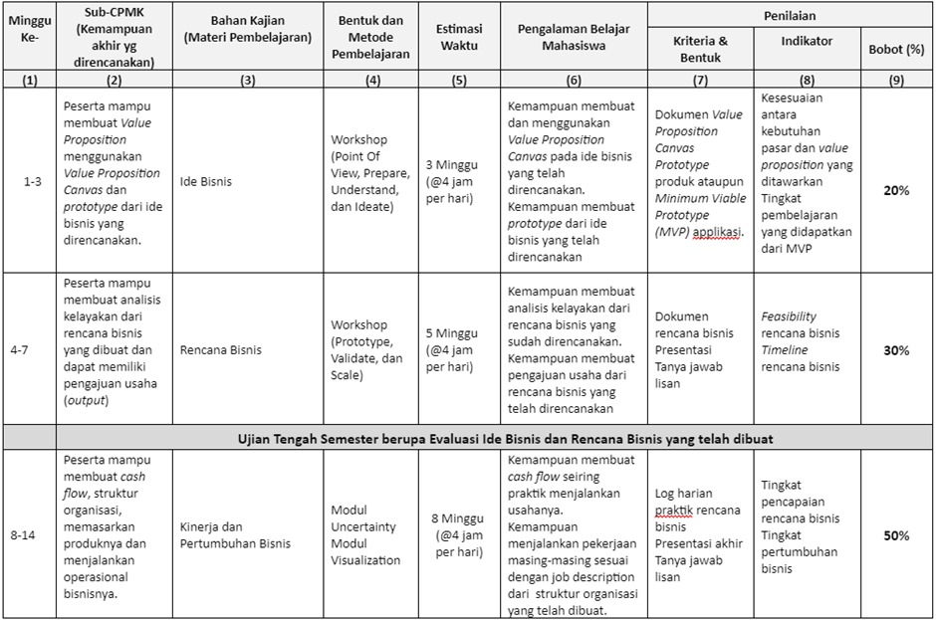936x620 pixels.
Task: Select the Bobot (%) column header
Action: coord(895,49)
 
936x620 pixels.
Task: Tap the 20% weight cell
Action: coord(895,190)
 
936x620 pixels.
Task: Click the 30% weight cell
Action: coord(895,350)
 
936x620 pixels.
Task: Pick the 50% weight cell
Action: coord(895,535)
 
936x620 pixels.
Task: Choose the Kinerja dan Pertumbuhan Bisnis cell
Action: coord(235,535)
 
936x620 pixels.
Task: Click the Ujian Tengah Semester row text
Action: coord(506,438)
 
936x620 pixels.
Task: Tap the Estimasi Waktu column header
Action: coord(459,38)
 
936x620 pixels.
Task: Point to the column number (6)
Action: coord(573,82)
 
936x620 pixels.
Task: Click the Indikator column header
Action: coord(808,41)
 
